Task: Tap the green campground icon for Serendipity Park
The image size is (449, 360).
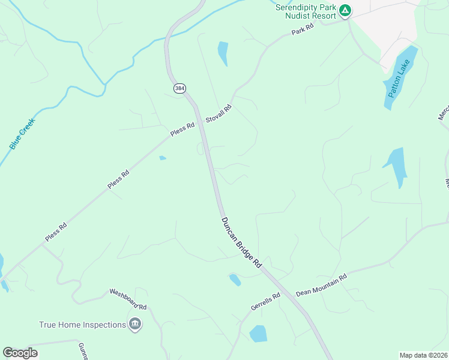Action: [x=345, y=10]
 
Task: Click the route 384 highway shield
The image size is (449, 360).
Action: [x=179, y=88]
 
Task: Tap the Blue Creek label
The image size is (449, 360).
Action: [x=22, y=134]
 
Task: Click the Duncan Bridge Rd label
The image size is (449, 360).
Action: [x=242, y=242]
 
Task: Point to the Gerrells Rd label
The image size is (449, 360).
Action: [x=266, y=302]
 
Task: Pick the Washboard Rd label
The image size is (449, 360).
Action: [x=128, y=298]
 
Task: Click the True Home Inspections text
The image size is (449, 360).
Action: [x=82, y=325]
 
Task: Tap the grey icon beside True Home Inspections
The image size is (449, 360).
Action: [x=135, y=325]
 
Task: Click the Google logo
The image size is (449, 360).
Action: [x=20, y=353]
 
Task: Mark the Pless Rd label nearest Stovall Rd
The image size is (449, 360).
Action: [x=182, y=130]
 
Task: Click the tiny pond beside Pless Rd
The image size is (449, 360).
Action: [x=162, y=158]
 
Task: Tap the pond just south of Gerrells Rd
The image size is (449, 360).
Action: [x=258, y=334]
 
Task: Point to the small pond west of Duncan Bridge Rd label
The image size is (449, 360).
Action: [x=235, y=280]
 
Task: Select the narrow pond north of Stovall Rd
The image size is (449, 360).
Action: [x=223, y=53]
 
